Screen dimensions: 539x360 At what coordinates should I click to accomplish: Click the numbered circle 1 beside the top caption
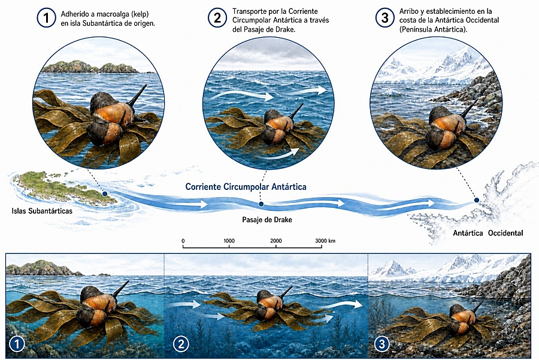point(46,18)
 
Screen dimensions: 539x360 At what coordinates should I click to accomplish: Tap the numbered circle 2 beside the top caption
point(217,18)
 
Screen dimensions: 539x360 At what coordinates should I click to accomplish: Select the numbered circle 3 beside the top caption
point(384,18)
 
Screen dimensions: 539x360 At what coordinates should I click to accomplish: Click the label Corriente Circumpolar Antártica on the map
point(246,187)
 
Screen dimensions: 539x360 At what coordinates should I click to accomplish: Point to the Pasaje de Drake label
point(267,220)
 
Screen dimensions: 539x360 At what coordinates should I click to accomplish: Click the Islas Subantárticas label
point(42,211)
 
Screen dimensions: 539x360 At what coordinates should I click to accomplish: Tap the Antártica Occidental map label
point(487,233)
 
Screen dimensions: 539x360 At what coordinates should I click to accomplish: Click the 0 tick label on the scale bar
point(183,241)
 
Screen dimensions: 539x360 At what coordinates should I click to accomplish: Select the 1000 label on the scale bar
point(229,241)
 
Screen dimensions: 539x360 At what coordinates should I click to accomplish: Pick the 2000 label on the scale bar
point(275,241)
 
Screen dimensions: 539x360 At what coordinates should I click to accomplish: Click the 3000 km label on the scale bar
point(325,241)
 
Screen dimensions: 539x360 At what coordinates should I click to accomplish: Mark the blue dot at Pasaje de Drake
point(261,204)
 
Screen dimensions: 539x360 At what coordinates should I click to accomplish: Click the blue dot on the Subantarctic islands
point(105,194)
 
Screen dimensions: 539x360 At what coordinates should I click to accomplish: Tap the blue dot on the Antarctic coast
point(477,200)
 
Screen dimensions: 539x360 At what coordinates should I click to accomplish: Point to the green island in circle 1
point(91,66)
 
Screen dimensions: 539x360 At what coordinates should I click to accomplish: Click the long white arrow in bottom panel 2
point(339,304)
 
